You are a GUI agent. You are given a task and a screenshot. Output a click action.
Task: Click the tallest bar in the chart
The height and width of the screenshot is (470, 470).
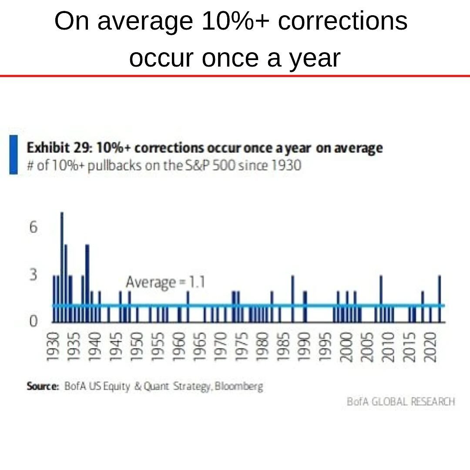pos(62,265)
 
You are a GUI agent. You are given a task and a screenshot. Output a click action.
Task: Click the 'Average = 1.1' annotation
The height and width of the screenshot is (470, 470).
pos(165,282)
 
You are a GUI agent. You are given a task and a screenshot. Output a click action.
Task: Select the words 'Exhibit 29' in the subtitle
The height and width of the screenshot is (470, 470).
pos(58,148)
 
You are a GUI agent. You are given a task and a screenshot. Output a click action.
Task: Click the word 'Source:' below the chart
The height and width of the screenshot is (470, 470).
pos(43,386)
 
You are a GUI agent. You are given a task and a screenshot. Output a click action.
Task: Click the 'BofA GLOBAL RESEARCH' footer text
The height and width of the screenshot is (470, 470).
pos(401,401)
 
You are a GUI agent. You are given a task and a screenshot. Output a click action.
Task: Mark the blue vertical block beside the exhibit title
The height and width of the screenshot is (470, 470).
pos(13,154)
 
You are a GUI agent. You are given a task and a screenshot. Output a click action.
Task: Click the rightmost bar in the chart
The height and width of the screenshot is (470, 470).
pos(440,299)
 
